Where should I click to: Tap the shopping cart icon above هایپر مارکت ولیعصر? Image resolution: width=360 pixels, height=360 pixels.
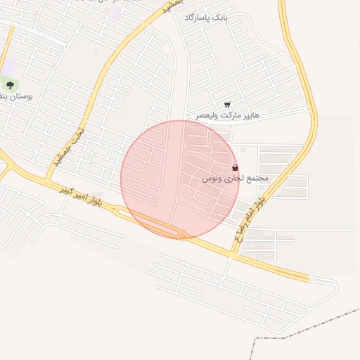[x=226, y=104]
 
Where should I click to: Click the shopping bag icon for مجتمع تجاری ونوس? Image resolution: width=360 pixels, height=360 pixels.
[x=235, y=168]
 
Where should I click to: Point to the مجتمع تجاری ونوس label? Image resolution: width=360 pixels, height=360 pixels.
[x=236, y=179]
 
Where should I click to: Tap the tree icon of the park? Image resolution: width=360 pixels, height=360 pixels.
[x=10, y=85]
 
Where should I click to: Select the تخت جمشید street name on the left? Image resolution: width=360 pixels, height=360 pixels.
[x=69, y=148]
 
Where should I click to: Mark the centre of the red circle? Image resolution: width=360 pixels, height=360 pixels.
[x=180, y=179]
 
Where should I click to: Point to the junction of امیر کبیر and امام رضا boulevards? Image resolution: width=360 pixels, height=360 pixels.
[x=232, y=253]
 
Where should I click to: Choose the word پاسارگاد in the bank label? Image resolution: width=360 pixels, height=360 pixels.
[x=200, y=17]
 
